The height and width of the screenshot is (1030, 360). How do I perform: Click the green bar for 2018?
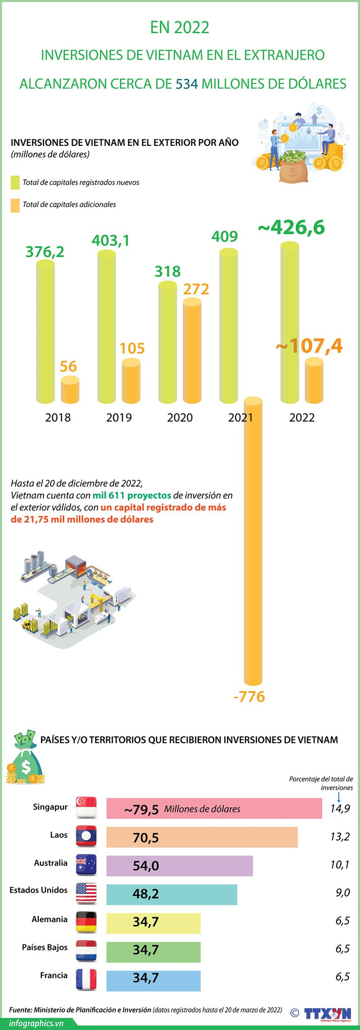[45, 333]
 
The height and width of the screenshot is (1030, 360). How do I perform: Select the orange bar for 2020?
[192, 351]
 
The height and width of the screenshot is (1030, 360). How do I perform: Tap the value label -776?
[249, 696]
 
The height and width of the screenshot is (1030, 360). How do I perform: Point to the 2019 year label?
[119, 417]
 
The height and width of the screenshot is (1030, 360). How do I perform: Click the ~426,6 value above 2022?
[292, 227]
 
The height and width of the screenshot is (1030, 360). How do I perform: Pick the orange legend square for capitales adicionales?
[15, 205]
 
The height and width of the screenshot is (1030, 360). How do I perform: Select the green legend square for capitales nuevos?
[15, 182]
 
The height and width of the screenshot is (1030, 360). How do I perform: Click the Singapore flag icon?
[86, 808]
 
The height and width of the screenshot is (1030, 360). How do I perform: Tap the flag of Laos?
[86, 836]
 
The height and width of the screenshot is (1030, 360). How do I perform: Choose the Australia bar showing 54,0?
[180, 865]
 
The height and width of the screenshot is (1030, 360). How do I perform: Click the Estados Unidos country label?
[38, 890]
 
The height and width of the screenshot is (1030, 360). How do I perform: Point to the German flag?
[86, 922]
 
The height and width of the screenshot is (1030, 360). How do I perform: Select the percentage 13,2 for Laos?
[340, 837]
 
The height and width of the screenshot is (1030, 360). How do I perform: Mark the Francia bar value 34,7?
[146, 978]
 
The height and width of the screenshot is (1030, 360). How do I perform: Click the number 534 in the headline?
[187, 84]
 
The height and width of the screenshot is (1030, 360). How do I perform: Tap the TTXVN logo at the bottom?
[328, 1013]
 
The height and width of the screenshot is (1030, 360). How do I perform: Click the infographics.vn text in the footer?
[36, 1023]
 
